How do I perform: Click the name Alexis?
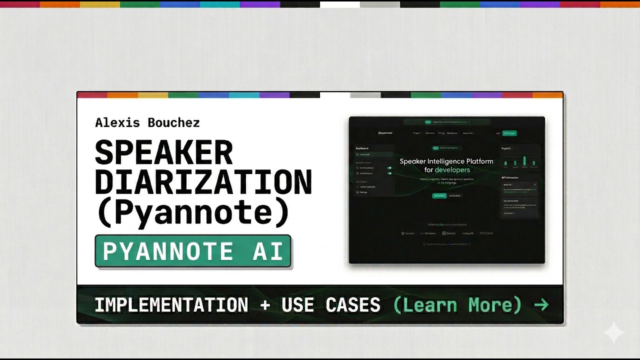pyautogui.click(x=117, y=122)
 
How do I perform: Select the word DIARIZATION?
pyautogui.click(x=203, y=182)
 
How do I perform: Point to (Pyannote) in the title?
pyautogui.click(x=193, y=212)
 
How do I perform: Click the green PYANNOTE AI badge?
pyautogui.click(x=193, y=251)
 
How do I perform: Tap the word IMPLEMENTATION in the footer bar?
pyautogui.click(x=171, y=304)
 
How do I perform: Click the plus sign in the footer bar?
pyautogui.click(x=264, y=304)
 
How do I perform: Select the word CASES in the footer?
pyautogui.click(x=352, y=304)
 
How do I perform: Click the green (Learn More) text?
pyautogui.click(x=457, y=304)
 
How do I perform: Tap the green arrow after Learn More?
pyautogui.click(x=541, y=304)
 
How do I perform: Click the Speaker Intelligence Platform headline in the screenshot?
pyautogui.click(x=446, y=161)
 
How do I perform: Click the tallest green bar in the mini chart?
pyautogui.click(x=524, y=160)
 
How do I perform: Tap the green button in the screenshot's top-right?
pyautogui.click(x=509, y=133)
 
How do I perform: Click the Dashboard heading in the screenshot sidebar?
pyautogui.click(x=362, y=148)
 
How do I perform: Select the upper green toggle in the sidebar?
pyautogui.click(x=389, y=168)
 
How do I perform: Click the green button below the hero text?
pyautogui.click(x=439, y=195)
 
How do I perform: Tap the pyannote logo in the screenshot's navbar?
pyautogui.click(x=385, y=133)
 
